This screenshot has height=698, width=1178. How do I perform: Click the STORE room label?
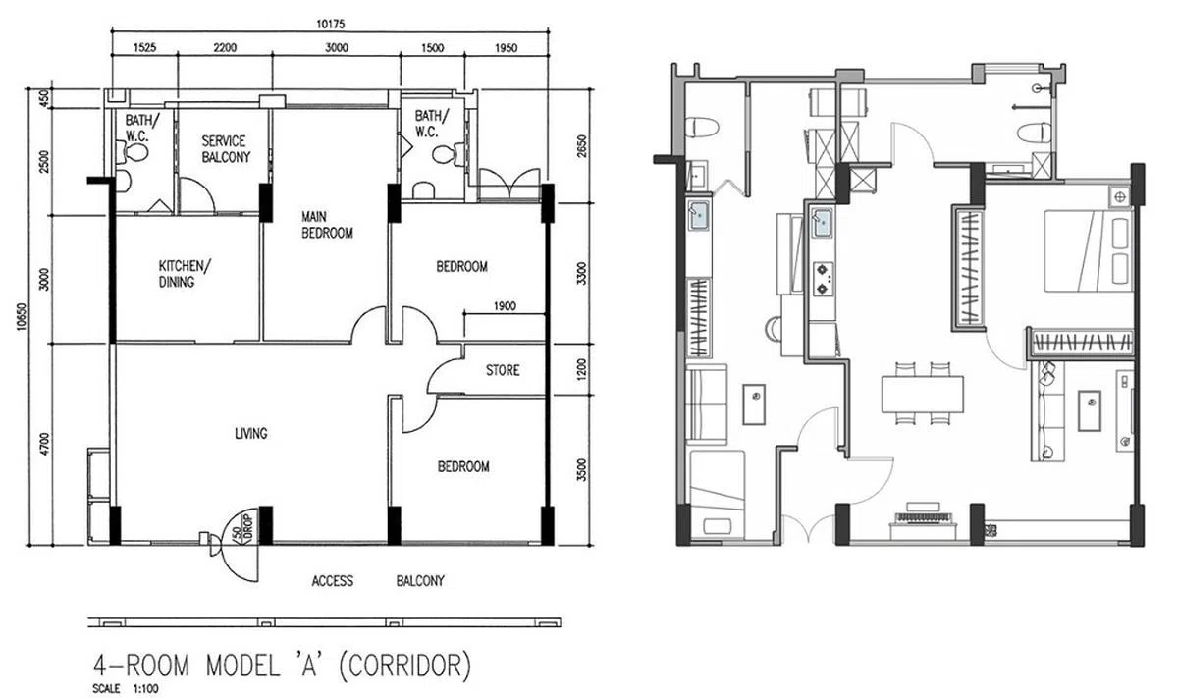pyautogui.click(x=503, y=370)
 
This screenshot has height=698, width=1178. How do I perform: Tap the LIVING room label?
pyautogui.click(x=251, y=433)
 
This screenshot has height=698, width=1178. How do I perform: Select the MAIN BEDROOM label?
pyautogui.click(x=327, y=225)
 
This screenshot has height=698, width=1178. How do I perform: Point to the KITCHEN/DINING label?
pyautogui.click(x=185, y=274)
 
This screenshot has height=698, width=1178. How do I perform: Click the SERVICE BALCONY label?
pyautogui.click(x=226, y=149)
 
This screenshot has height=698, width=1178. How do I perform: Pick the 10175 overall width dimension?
pyautogui.click(x=331, y=25)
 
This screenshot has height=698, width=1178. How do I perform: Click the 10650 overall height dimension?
pyautogui.click(x=22, y=317)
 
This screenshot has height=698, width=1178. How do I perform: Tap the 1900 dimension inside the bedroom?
pyautogui.click(x=505, y=306)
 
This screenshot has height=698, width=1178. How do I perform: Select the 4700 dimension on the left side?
pyautogui.click(x=44, y=444)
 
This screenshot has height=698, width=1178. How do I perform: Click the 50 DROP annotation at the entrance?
pyautogui.click(x=243, y=526)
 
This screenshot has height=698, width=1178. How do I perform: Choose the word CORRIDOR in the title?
pyautogui.click(x=403, y=665)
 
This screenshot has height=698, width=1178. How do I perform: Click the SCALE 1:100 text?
pyautogui.click(x=126, y=688)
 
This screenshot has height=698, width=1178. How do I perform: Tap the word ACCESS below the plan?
pyautogui.click(x=333, y=581)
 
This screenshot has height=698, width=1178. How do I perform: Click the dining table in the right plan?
pyautogui.click(x=923, y=394)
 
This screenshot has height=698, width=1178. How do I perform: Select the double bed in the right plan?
pyautogui.click(x=1088, y=251)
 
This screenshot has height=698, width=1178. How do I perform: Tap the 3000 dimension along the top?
pyautogui.click(x=337, y=48)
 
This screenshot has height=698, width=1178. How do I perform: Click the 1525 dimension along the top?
pyautogui.click(x=144, y=48)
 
